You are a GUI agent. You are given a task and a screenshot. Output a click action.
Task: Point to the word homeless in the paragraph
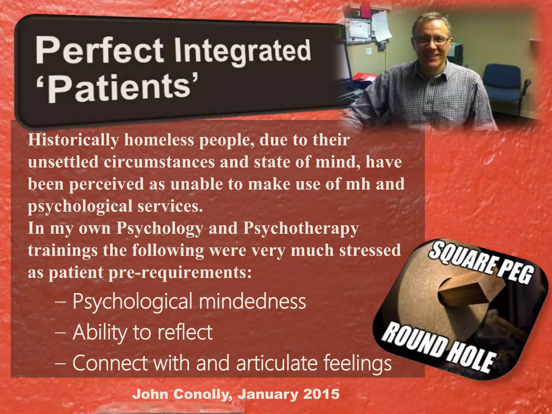click(159, 140)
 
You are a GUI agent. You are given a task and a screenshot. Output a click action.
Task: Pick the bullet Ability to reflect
click(143, 332)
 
